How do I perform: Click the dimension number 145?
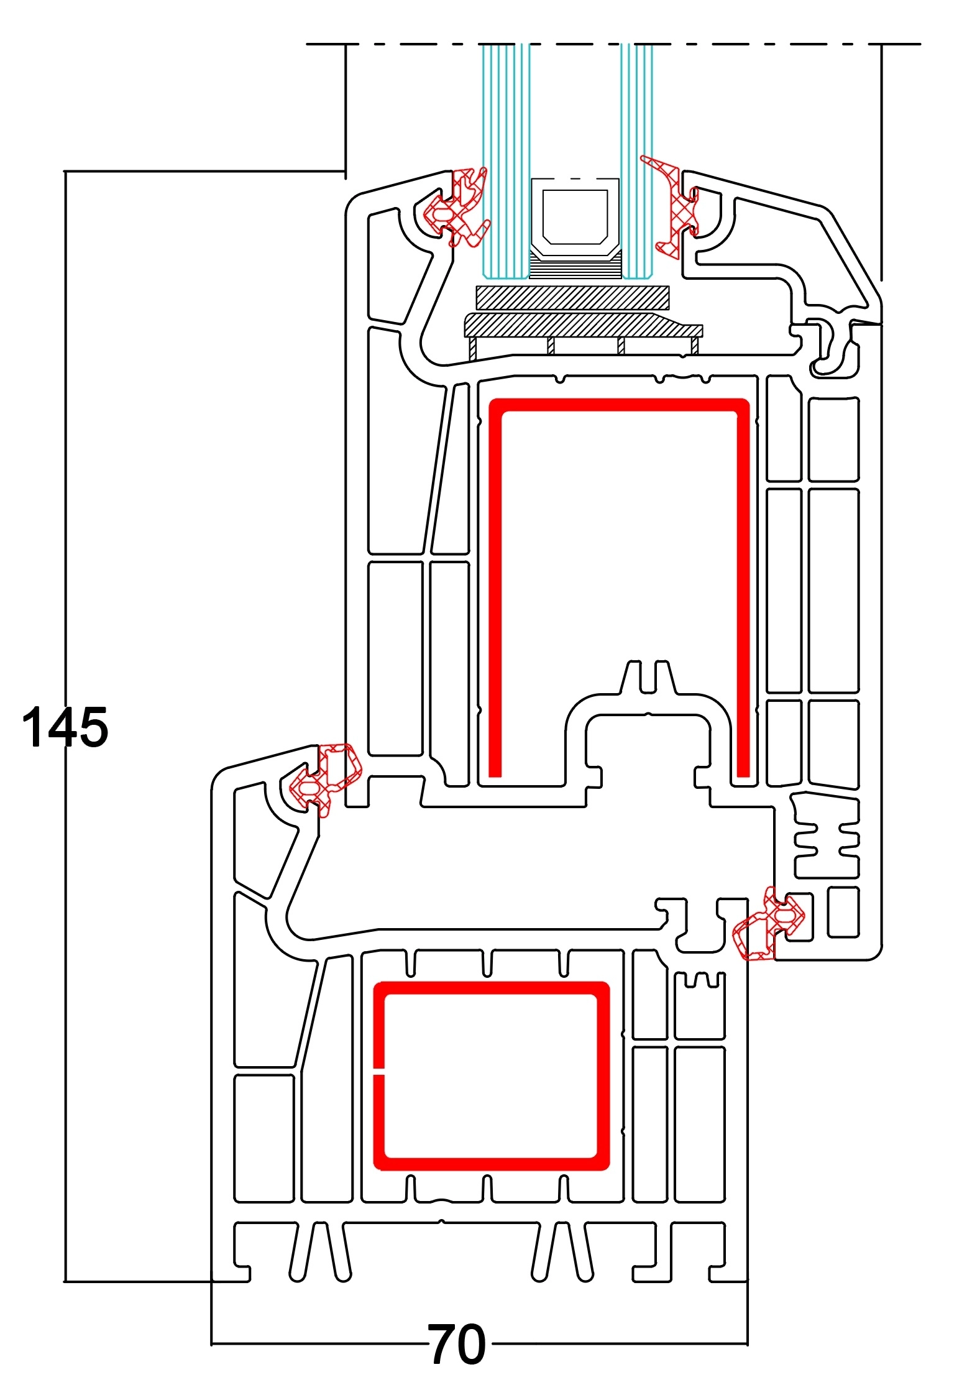tap(65, 727)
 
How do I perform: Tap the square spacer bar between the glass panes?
tap(575, 218)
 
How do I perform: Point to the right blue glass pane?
tap(637, 124)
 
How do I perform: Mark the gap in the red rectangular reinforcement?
tap(378, 1073)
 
